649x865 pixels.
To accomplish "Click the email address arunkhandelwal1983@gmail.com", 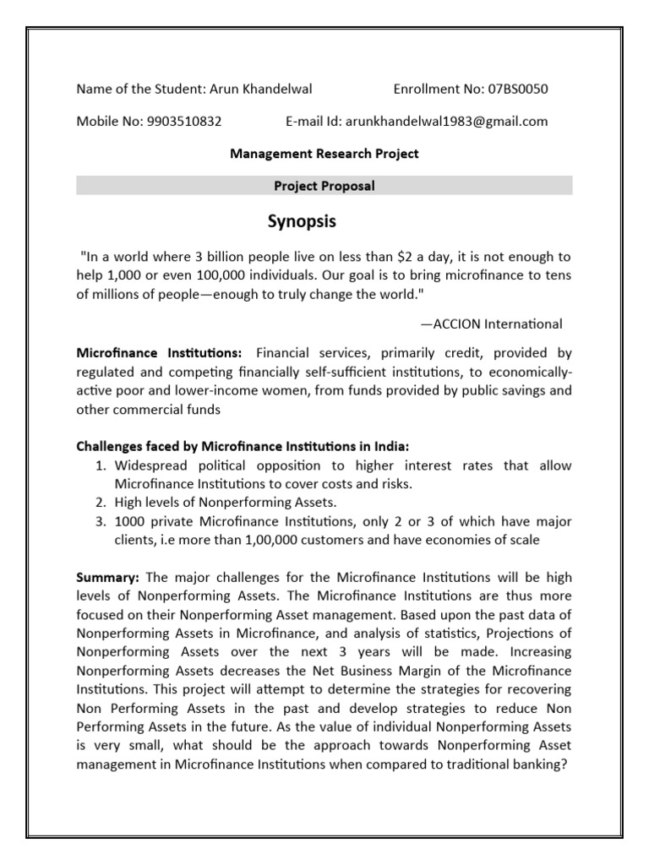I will tap(444, 121).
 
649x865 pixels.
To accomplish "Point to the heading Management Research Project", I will tap(324, 154).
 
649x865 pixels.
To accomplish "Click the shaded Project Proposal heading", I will tap(324, 186).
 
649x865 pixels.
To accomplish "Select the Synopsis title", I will tap(302, 222).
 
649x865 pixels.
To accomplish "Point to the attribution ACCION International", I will tap(491, 324).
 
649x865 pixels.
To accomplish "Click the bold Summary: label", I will tap(108, 577).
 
